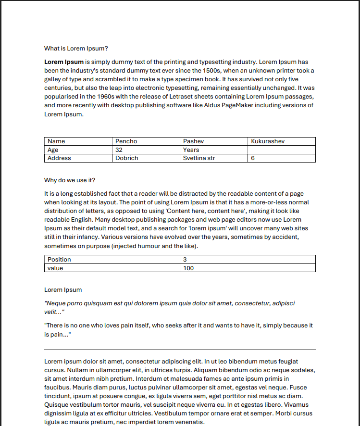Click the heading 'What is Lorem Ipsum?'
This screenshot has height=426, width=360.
pos(76,49)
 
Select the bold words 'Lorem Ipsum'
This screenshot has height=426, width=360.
pos(64,62)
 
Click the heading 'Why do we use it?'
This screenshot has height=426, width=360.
pos(70,180)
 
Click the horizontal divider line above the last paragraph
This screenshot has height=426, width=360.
pos(180,350)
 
